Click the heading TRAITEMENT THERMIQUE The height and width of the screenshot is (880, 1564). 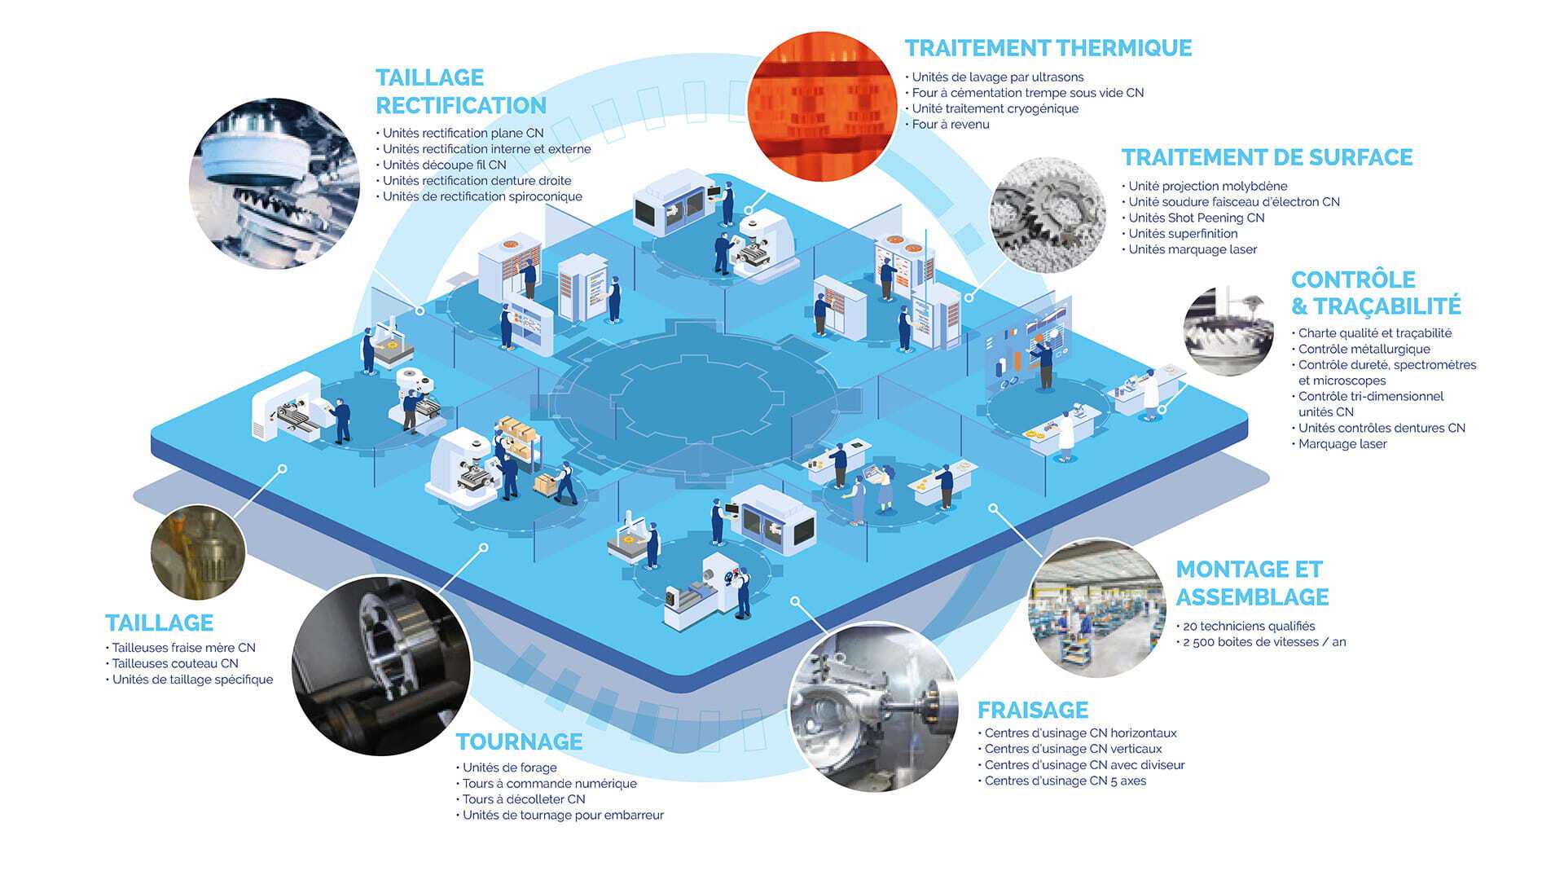point(1048,48)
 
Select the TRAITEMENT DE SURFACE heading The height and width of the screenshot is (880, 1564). point(1267,157)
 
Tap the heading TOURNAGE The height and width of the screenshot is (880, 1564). point(519,741)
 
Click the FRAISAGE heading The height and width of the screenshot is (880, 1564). point(1033,710)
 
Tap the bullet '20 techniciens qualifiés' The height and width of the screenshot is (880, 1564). point(1245,626)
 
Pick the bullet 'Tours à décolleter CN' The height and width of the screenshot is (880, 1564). point(521,799)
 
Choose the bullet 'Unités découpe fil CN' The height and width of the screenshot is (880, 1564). point(442,165)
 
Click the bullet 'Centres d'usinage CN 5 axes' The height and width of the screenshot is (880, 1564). point(1062,781)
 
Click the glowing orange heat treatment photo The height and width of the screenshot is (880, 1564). point(823,106)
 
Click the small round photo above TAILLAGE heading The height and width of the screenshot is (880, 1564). point(198,552)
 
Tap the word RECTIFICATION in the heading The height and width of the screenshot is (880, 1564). point(461,106)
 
